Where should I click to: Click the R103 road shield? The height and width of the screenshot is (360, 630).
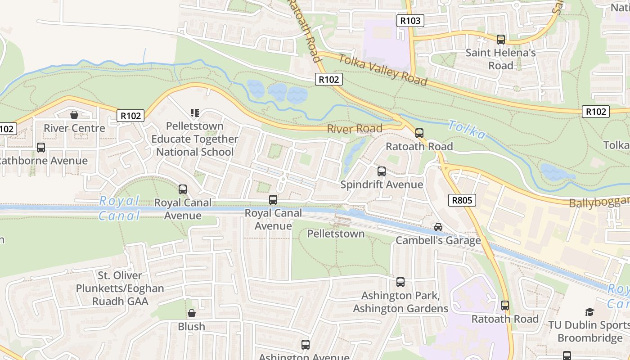pyautogui.click(x=410, y=20)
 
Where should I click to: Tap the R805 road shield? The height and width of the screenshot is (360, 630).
pyautogui.click(x=462, y=200)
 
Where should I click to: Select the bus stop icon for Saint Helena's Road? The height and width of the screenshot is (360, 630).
pyautogui.click(x=500, y=40)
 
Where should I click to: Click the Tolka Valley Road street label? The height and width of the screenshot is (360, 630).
pyautogui.click(x=382, y=70)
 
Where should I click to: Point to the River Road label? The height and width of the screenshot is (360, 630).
pyautogui.click(x=354, y=129)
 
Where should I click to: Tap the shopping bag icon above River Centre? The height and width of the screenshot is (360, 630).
pyautogui.click(x=74, y=115)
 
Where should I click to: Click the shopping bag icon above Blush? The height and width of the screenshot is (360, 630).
pyautogui.click(x=192, y=313)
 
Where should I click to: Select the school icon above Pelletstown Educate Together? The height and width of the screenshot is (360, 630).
pyautogui.click(x=194, y=112)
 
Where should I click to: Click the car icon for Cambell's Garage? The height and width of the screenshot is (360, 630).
pyautogui.click(x=438, y=227)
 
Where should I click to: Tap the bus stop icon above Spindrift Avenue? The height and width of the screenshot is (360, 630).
pyautogui.click(x=382, y=171)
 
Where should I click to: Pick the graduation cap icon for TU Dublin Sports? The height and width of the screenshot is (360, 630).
pyautogui.click(x=589, y=312)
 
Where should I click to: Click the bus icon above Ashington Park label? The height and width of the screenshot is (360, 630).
pyautogui.click(x=400, y=282)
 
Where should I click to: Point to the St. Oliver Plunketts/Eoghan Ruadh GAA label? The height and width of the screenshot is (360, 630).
pyautogui.click(x=120, y=288)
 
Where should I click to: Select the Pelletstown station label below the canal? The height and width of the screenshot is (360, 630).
pyautogui.click(x=336, y=234)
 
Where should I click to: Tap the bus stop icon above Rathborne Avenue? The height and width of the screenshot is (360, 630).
pyautogui.click(x=41, y=148)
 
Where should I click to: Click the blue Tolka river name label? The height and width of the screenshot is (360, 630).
pyautogui.click(x=467, y=130)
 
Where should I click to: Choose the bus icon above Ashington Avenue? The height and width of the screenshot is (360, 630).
pyautogui.click(x=306, y=345)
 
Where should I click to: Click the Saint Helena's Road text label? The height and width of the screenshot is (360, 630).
pyautogui.click(x=500, y=59)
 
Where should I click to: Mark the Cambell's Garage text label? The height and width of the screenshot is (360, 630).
pyautogui.click(x=438, y=241)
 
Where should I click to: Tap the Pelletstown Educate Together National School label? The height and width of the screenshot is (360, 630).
pyautogui.click(x=194, y=139)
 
